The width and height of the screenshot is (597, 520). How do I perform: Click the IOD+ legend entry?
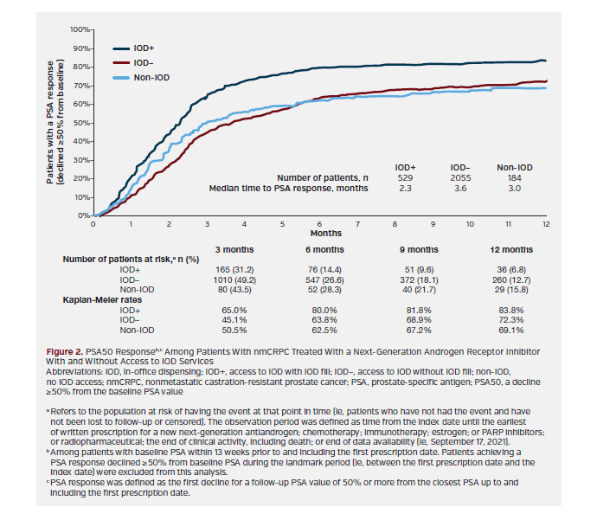click(x=144, y=49)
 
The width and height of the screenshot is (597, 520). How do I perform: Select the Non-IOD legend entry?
click(x=149, y=77)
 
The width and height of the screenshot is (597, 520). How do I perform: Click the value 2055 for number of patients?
click(x=460, y=176)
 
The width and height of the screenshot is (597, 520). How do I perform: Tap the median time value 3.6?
click(x=460, y=188)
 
